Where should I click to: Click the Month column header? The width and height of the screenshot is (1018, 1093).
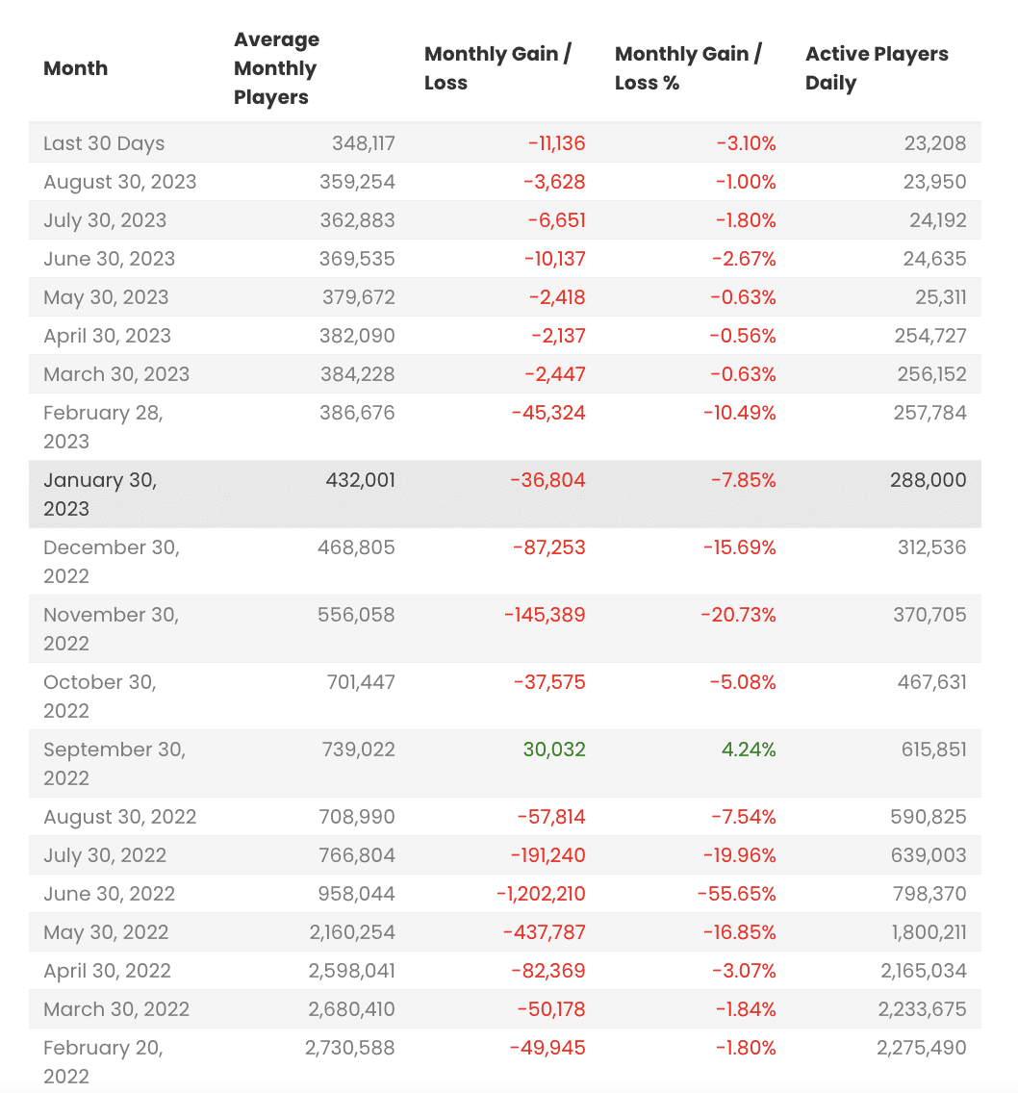(76, 68)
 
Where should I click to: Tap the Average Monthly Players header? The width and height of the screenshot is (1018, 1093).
(277, 68)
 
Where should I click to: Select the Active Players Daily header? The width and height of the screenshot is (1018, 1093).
(877, 68)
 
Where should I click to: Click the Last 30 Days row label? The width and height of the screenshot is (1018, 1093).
(104, 143)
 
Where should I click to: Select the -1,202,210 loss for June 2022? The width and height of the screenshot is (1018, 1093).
(541, 894)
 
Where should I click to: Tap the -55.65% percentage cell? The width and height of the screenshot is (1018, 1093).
(736, 894)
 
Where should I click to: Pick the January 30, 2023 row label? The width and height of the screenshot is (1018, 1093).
(100, 494)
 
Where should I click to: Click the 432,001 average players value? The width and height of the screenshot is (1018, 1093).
(357, 480)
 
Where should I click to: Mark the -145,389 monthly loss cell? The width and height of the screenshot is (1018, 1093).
(544, 615)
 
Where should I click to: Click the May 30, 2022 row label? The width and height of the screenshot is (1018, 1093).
(106, 932)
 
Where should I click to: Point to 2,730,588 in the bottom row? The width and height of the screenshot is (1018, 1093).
(350, 1048)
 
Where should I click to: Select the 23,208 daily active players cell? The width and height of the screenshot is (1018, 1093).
(935, 143)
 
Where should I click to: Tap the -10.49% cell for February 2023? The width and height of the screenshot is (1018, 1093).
(739, 413)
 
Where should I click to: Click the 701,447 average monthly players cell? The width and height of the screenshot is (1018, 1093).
(357, 682)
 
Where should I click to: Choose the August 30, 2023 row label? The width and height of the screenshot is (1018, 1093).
(120, 182)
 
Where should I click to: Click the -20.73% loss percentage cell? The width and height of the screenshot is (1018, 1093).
(737, 615)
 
